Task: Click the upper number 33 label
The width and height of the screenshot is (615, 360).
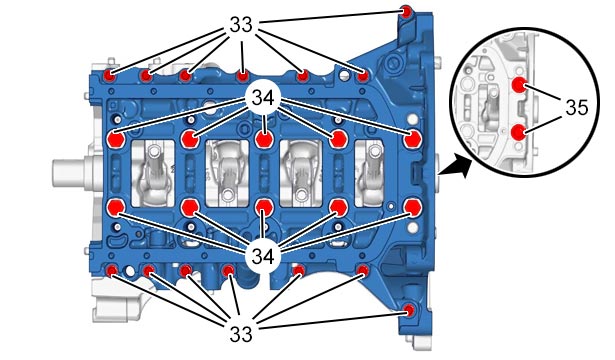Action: click(x=241, y=25)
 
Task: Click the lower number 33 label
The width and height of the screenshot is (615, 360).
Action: click(x=241, y=334)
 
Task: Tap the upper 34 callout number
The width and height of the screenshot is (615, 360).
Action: click(x=263, y=98)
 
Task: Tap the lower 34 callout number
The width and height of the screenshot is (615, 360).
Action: click(x=263, y=257)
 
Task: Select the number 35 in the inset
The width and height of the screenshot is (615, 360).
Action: click(x=577, y=107)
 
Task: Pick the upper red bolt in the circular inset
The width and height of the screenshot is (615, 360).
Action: click(x=520, y=84)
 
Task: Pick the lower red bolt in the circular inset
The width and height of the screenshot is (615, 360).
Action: click(x=519, y=132)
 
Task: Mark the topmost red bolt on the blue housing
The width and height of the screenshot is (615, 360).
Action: click(x=406, y=11)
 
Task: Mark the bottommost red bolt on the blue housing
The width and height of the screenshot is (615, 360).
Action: click(x=409, y=310)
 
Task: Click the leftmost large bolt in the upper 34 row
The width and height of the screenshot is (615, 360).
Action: click(x=116, y=140)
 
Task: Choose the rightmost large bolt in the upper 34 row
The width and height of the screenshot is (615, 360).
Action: click(x=413, y=140)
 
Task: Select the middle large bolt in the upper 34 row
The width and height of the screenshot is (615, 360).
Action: click(x=264, y=139)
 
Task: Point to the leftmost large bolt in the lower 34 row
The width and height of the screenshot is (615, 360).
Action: click(x=116, y=207)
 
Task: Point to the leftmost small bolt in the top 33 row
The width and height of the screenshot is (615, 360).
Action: click(x=109, y=75)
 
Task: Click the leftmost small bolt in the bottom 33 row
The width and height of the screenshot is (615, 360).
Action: click(x=112, y=270)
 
